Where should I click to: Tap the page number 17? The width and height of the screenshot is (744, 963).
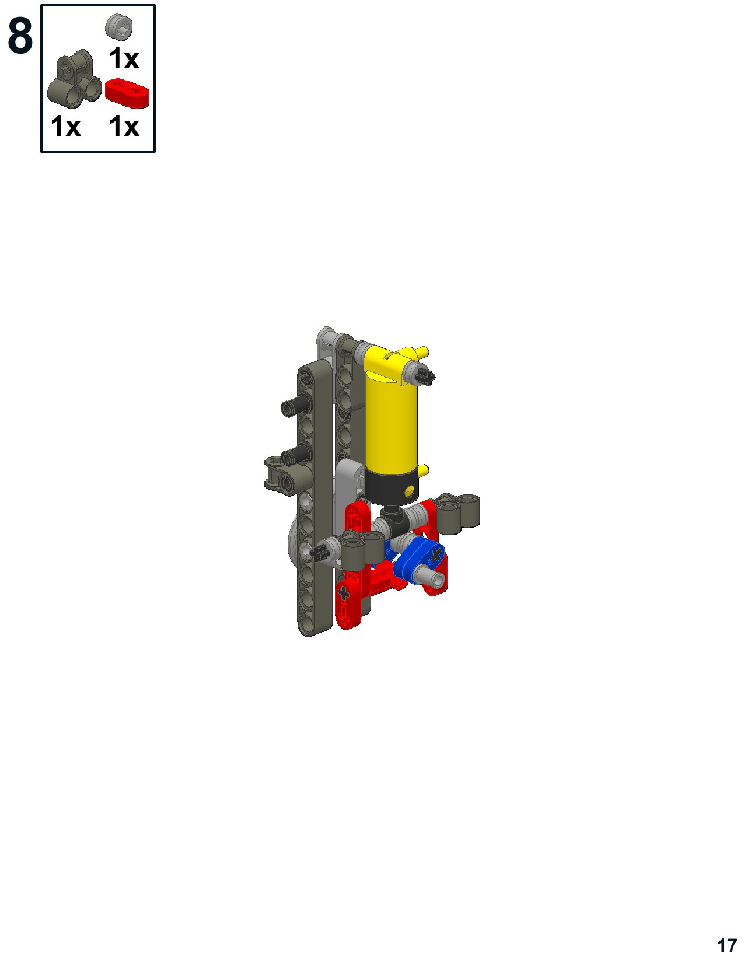point(726,945)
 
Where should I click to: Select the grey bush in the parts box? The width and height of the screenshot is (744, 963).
point(120,27)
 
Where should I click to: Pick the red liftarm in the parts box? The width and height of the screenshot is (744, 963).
point(127,92)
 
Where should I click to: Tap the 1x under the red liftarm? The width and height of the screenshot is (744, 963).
point(124,126)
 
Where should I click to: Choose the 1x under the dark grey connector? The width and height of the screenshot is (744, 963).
point(66,126)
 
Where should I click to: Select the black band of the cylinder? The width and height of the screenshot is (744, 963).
point(392,487)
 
